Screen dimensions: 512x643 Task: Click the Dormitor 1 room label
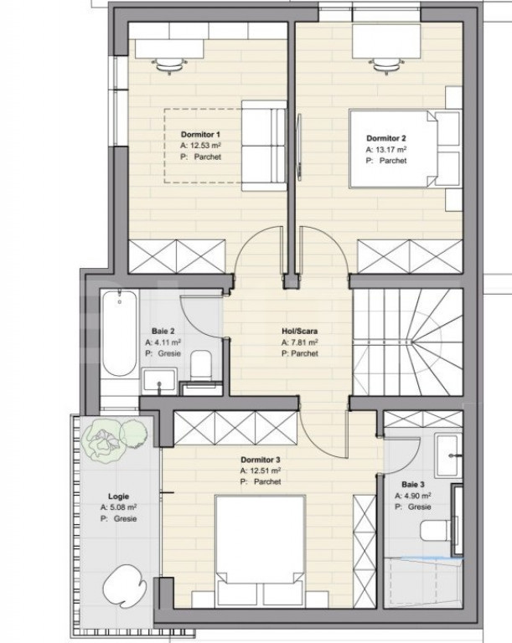[200, 135]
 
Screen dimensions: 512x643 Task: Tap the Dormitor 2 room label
[386, 139]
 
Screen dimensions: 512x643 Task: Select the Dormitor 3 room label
[261, 460]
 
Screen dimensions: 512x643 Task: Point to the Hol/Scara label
[299, 331]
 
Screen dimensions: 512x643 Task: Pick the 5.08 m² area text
[123, 507]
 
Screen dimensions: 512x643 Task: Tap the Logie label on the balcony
[119, 496]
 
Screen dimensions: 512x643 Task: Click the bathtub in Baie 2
[120, 333]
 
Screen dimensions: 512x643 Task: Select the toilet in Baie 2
[201, 364]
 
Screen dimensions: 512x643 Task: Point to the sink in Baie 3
[447, 456]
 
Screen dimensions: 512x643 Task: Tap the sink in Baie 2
[160, 380]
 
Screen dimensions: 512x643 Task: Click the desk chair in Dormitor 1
[169, 64]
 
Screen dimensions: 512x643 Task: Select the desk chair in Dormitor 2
[386, 64]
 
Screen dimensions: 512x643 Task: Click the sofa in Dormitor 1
[264, 146]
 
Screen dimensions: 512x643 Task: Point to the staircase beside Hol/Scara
[408, 342]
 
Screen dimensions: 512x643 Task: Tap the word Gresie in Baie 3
[420, 507]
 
